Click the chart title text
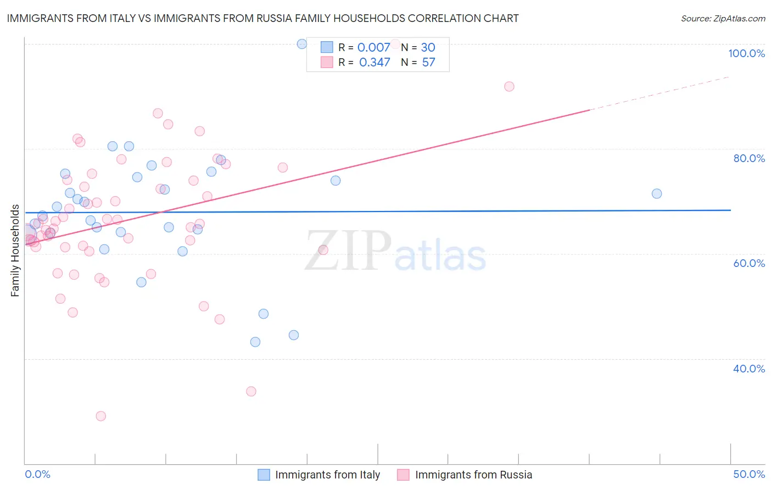tap(262, 19)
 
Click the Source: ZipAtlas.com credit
tap(723, 19)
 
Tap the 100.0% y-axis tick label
tap(746, 53)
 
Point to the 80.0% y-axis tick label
tap(749, 158)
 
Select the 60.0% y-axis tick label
tap(749, 263)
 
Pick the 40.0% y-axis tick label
tap(749, 369)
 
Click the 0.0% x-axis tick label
tap(37, 474)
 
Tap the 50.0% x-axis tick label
tap(749, 474)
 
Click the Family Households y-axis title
tap(15, 250)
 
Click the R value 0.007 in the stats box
tap(373, 48)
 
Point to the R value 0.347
tap(374, 63)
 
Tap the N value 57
tap(428, 63)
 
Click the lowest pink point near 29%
tap(101, 416)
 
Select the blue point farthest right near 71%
tap(657, 193)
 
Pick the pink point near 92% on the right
tap(509, 86)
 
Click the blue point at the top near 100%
tap(302, 44)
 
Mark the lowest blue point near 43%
tap(255, 342)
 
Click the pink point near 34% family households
tap(251, 391)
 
